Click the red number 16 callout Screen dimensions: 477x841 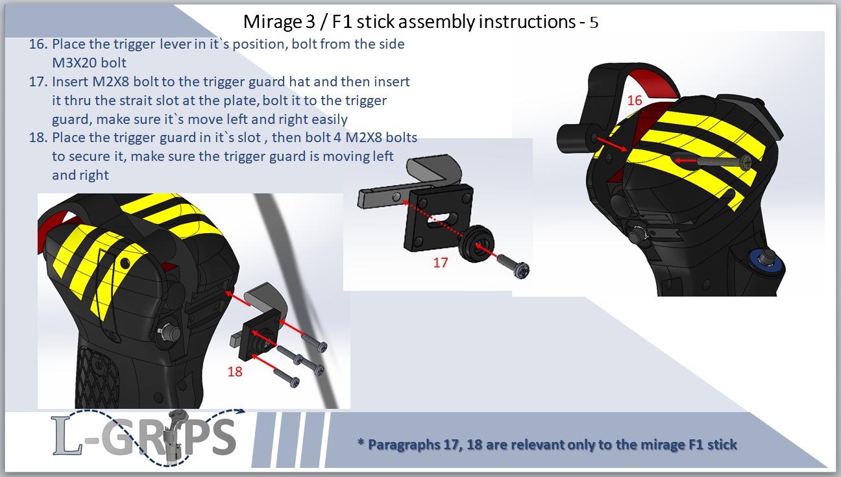(634, 101)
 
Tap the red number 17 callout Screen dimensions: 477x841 (440, 263)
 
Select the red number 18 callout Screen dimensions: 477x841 (234, 371)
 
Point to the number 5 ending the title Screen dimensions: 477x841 (593, 23)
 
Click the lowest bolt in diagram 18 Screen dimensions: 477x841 (286, 378)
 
